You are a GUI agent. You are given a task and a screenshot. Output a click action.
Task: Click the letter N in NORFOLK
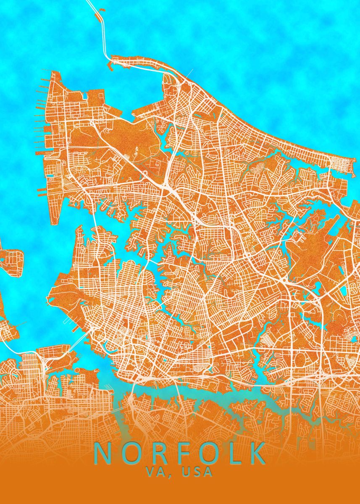pyautogui.click(x=102, y=453)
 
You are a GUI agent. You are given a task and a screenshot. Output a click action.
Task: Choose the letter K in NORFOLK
pyautogui.click(x=255, y=453)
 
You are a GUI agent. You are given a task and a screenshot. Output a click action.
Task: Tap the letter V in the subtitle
pyautogui.click(x=150, y=472)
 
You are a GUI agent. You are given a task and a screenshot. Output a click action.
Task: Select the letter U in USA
pyautogui.click(x=186, y=472)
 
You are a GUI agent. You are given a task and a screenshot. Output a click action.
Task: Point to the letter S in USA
pyautogui.click(x=197, y=472)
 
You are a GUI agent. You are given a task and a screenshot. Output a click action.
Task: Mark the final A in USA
pyautogui.click(x=208, y=472)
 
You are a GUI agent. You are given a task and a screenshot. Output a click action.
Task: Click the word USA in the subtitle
pyautogui.click(x=197, y=472)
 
